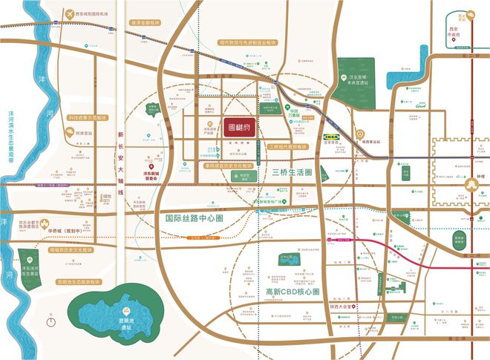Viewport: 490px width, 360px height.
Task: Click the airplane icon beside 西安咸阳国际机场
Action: click(71, 14)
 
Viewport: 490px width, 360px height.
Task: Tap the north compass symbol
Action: click(50, 321)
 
